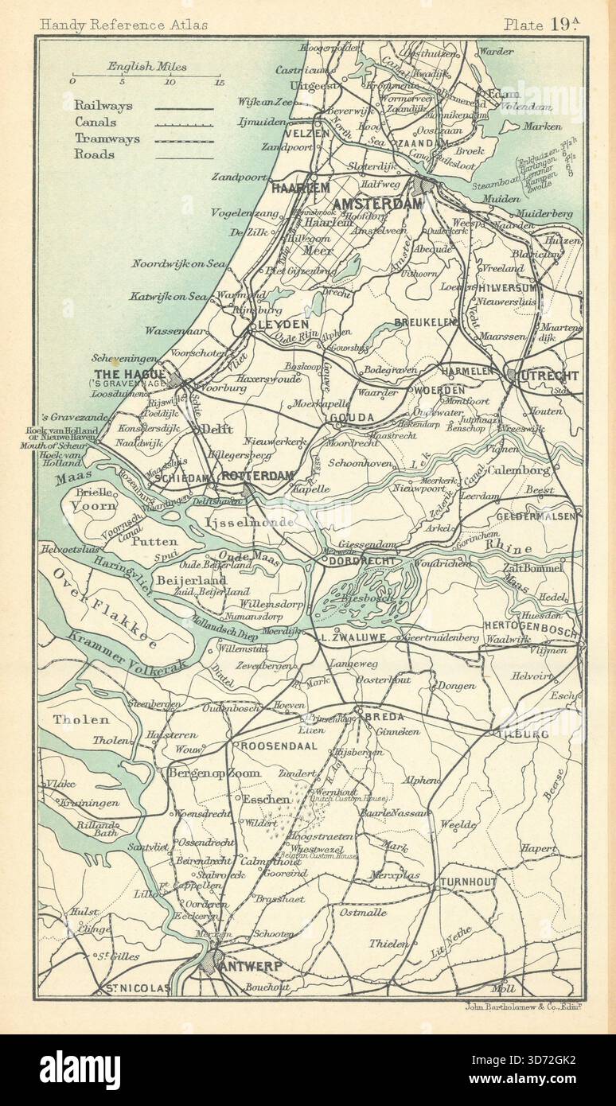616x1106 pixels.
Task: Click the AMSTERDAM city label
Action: tap(376, 204)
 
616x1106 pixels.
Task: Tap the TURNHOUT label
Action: tap(466, 883)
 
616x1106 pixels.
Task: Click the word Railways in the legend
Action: tap(103, 106)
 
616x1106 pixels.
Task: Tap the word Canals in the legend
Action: tap(96, 123)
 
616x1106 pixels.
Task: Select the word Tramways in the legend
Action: tap(106, 138)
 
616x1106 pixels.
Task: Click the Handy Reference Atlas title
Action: tap(123, 24)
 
